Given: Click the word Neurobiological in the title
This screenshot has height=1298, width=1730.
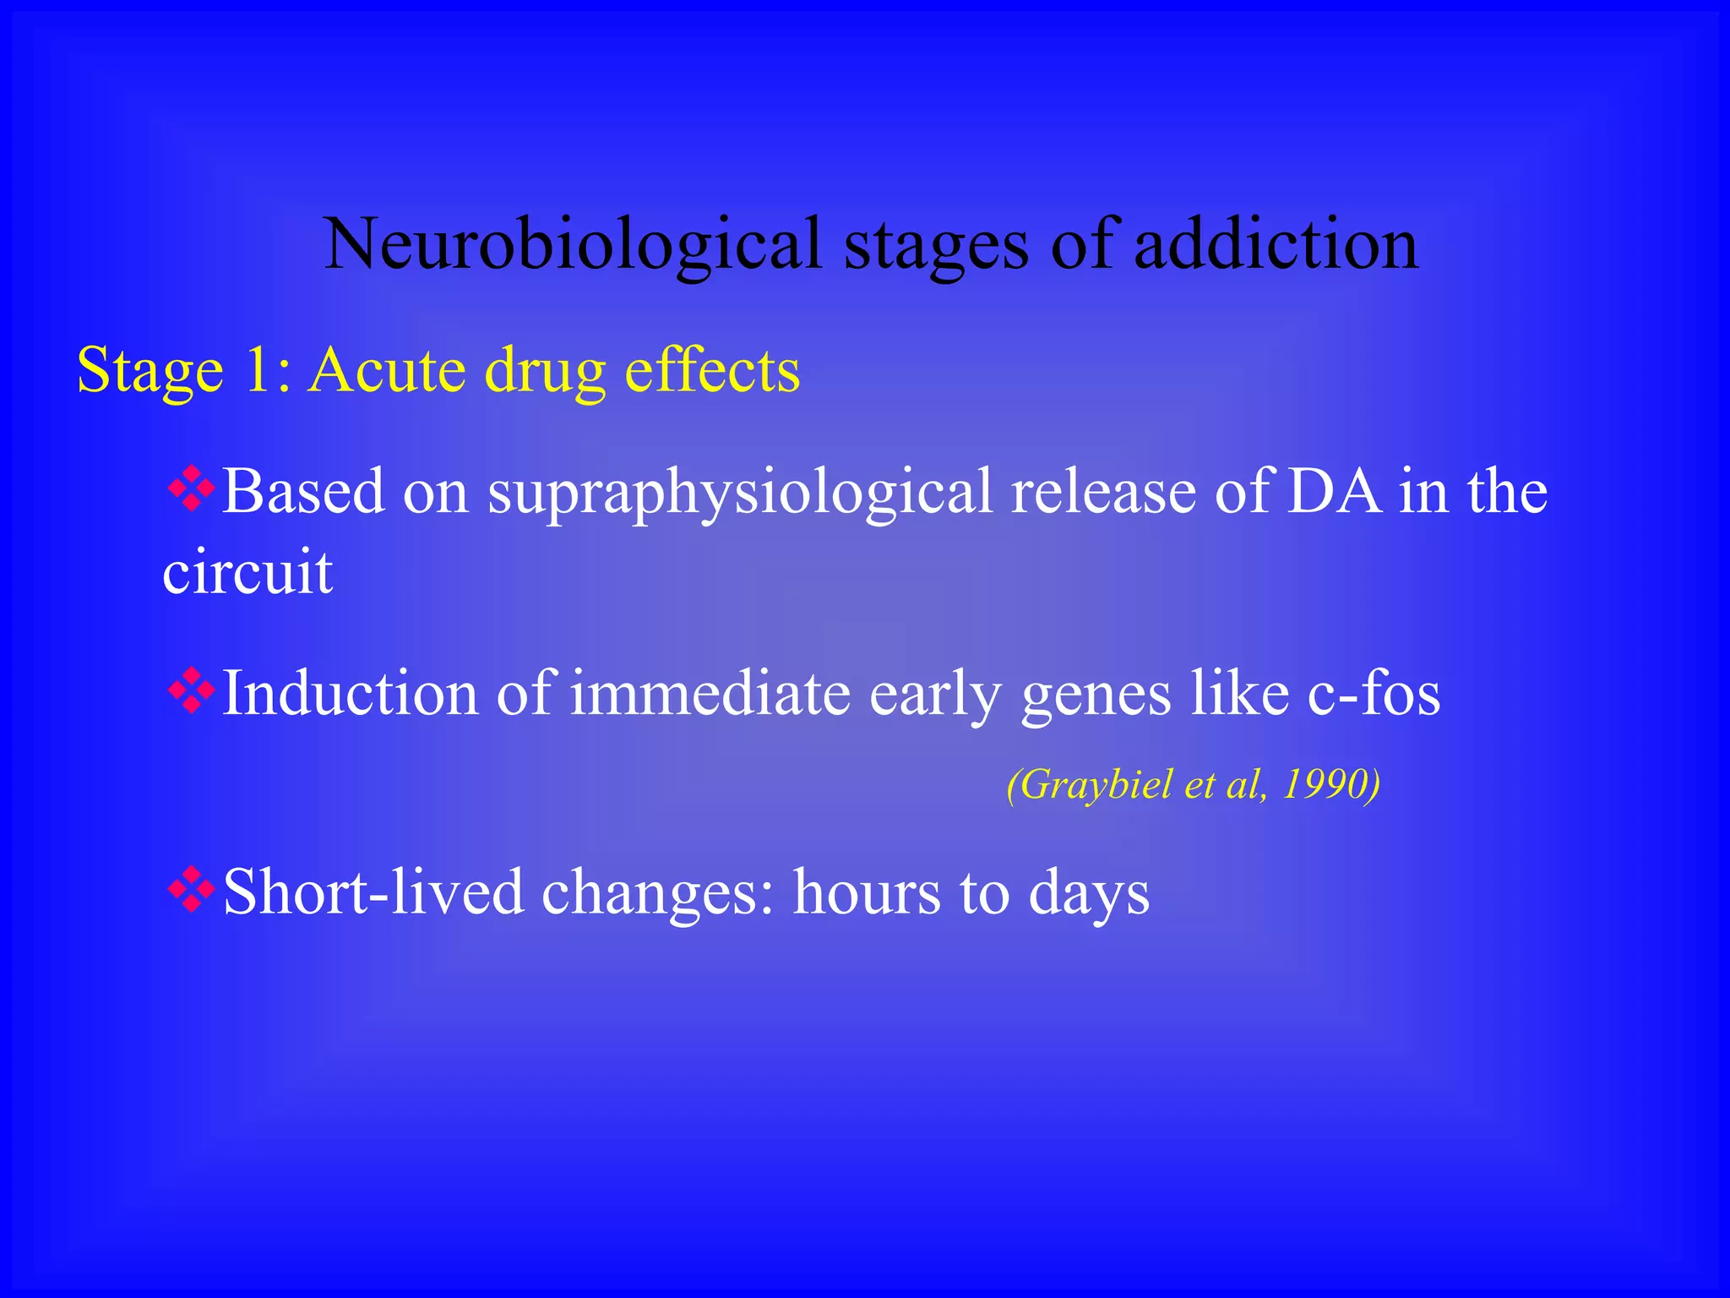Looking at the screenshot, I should pos(574,244).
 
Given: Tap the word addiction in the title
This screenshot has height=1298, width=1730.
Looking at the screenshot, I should pos(1276,244).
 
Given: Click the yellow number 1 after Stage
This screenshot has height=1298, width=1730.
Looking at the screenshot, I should pos(258,370).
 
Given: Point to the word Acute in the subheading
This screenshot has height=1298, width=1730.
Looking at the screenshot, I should pos(387,370).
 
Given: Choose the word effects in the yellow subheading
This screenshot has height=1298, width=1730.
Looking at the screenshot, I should pos(711,370).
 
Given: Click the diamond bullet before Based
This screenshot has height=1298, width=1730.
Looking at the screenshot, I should pos(192,489).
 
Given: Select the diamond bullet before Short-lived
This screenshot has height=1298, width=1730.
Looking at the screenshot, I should pos(192,891).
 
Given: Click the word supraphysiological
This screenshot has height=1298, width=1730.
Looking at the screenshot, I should pos(739,493).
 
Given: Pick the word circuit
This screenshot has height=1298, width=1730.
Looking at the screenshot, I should pos(248,572).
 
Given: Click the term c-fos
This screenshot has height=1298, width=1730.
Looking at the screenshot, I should pos(1374,694).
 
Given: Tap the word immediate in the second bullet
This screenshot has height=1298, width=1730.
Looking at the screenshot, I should pos(710,694).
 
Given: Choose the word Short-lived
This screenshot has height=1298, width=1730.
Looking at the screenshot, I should pos(373,892).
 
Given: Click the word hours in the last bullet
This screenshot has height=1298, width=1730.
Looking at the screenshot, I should pos(867,892).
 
